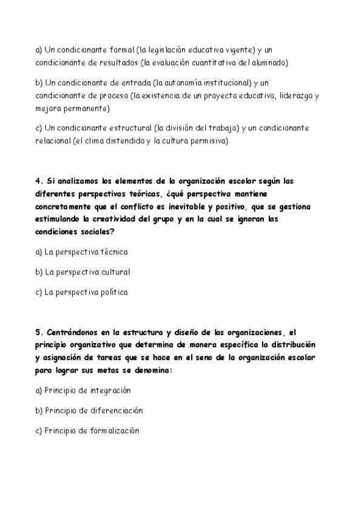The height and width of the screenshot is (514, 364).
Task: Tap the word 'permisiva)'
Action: (206, 142)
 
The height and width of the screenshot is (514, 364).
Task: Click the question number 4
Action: (38, 181)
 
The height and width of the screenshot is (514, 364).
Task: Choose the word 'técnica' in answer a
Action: (113, 252)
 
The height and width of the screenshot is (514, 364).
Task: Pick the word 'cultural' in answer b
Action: (115, 272)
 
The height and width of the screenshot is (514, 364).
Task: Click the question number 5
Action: (38, 332)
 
